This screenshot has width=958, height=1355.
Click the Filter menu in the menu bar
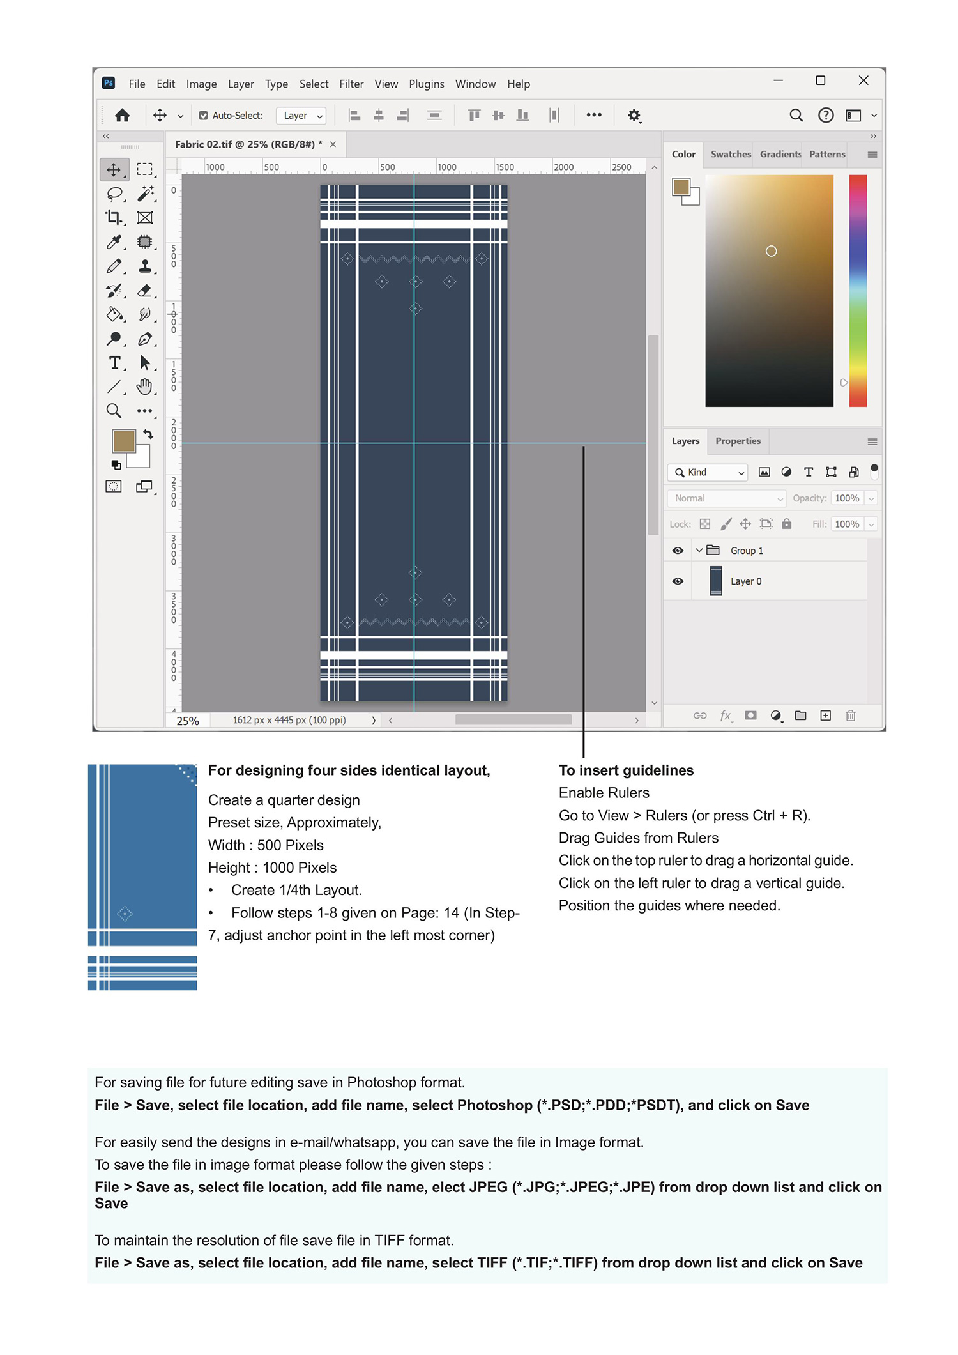351,84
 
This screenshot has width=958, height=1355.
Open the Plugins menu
426,84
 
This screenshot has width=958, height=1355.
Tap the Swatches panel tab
730,154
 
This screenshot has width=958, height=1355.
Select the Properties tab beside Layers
738,441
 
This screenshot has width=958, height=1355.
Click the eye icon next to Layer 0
678,581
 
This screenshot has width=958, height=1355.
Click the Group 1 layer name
747,551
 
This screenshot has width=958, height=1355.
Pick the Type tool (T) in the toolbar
114,363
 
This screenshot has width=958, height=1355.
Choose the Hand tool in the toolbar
145,387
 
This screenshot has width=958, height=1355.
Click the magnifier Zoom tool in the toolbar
114,411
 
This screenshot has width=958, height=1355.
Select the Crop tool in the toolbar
114,218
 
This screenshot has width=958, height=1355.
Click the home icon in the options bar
122,116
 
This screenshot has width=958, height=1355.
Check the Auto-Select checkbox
204,116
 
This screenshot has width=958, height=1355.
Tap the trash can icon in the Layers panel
850,716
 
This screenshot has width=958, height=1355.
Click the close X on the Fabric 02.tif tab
333,144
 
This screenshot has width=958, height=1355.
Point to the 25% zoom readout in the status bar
188,721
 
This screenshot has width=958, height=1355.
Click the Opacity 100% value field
847,498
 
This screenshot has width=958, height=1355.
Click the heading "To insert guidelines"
626,770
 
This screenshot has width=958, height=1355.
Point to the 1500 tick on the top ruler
504,167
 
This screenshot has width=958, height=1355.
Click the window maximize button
820,80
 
